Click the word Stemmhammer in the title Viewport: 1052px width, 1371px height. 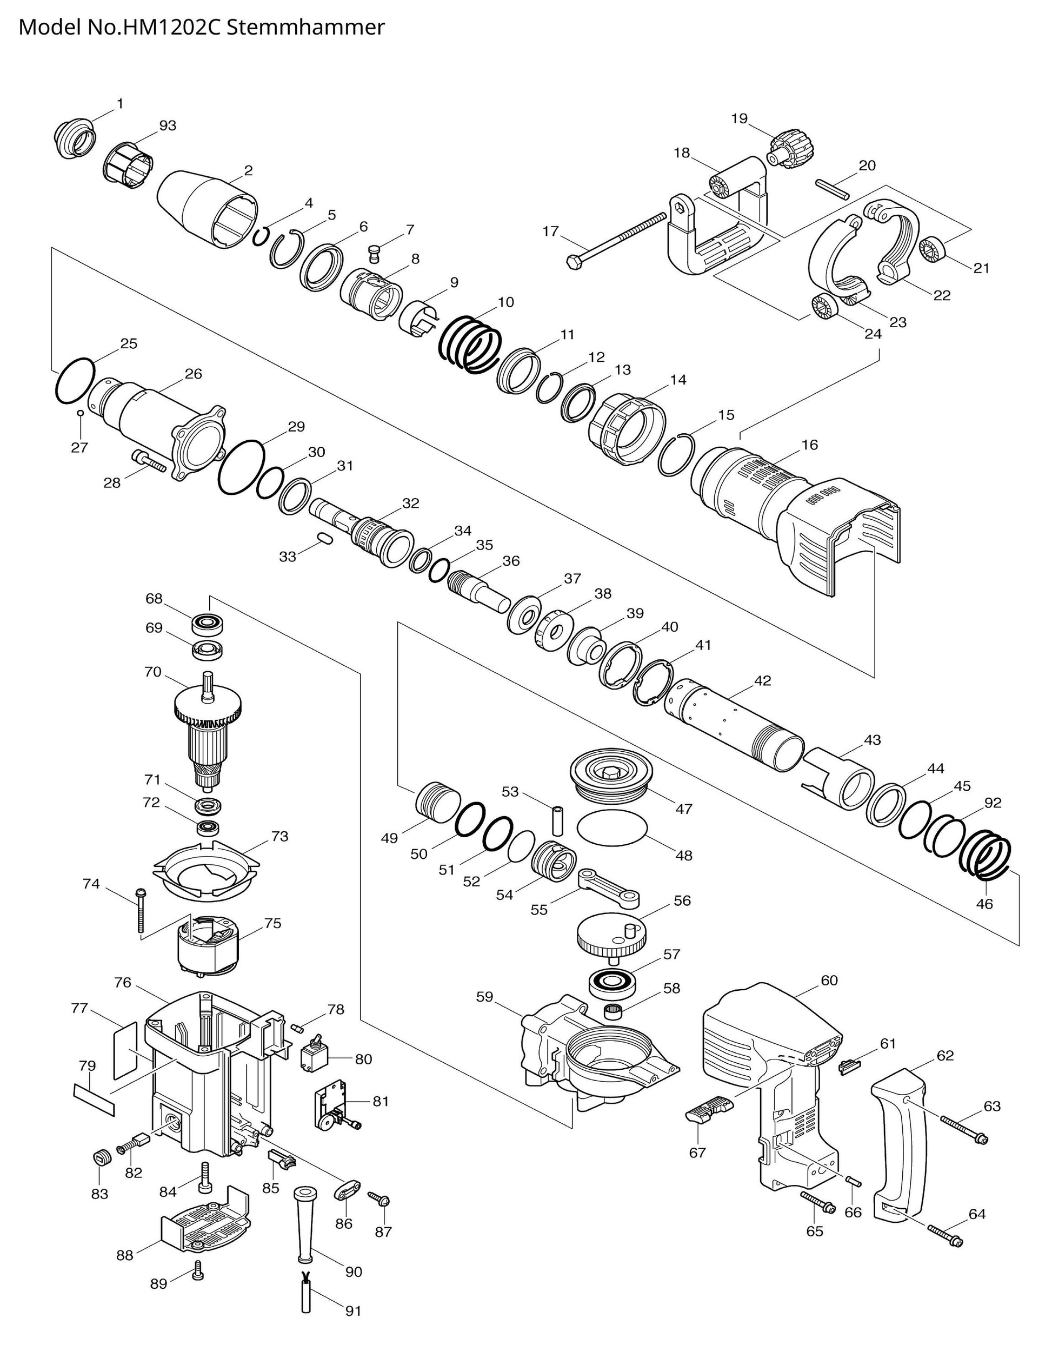pos(305,28)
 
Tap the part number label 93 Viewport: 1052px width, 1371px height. pos(167,126)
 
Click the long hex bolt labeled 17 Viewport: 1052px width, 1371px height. pos(617,240)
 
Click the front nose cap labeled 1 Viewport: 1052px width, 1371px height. pos(74,139)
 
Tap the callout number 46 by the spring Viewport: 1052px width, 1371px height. pos(984,904)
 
